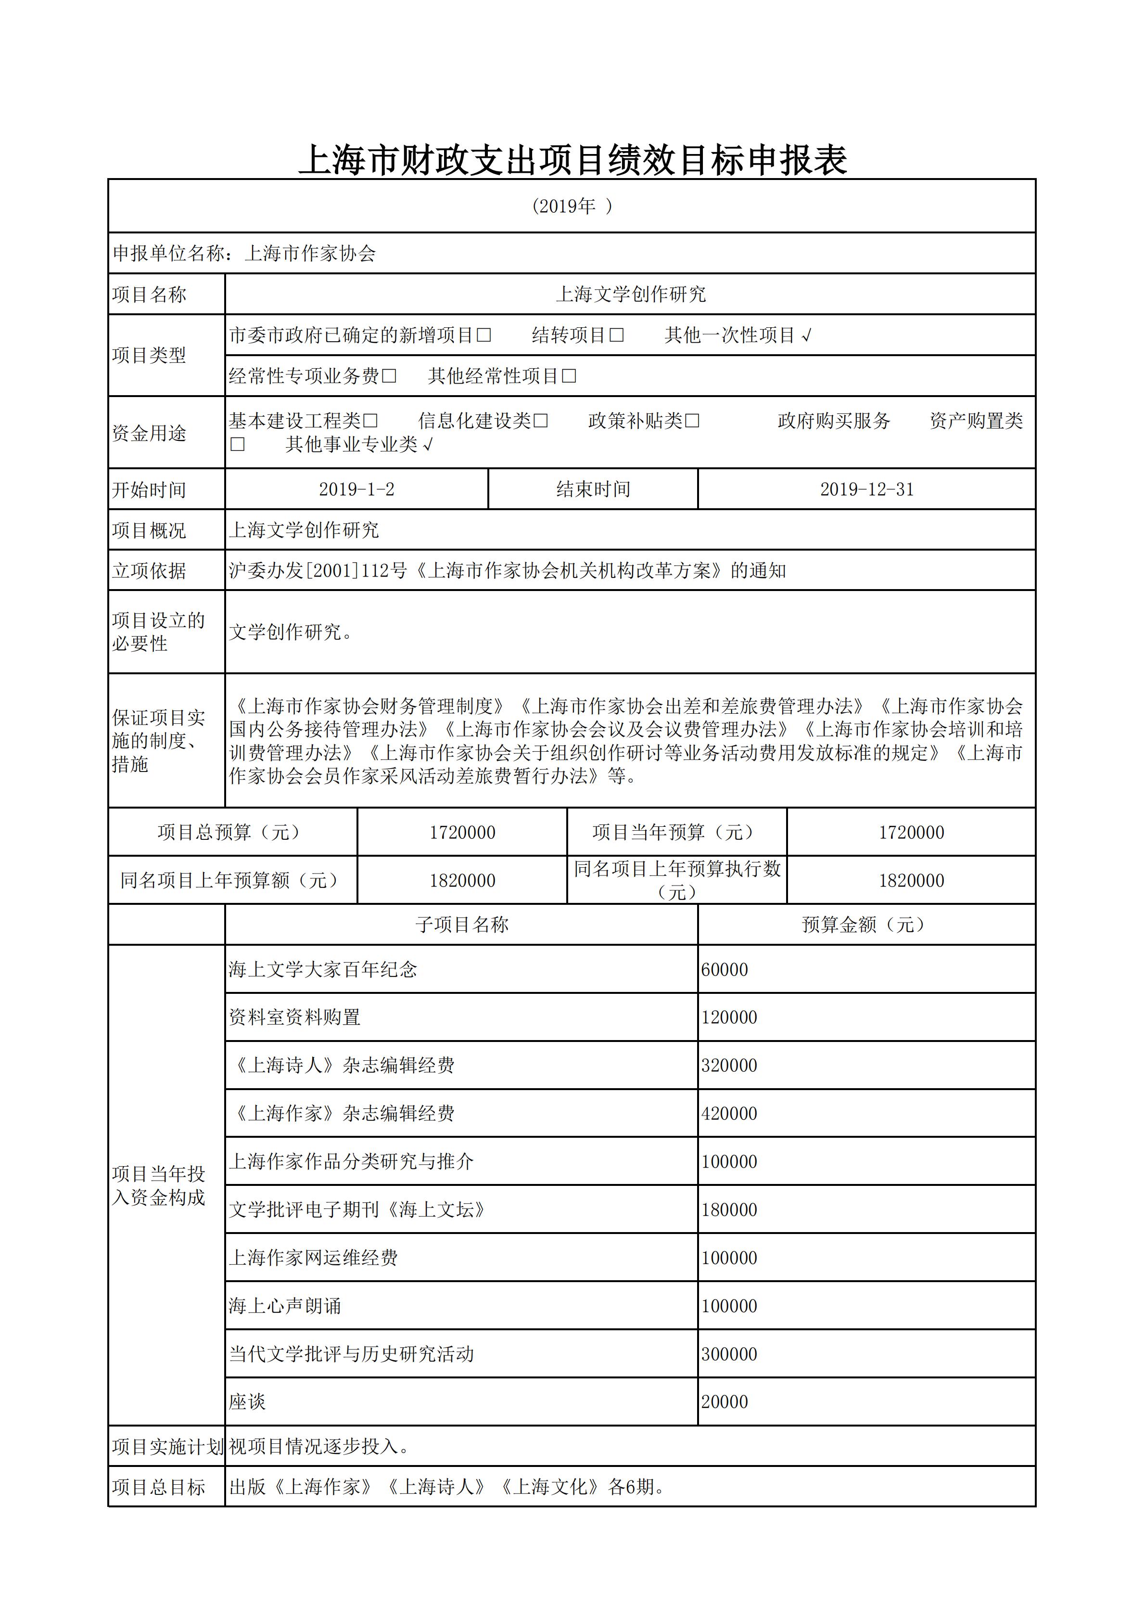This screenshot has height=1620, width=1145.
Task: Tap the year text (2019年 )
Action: pos(572,206)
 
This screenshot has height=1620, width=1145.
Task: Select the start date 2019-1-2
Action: pos(356,489)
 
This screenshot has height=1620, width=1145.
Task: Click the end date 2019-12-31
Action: pos(866,489)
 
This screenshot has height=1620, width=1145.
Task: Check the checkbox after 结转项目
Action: pos(617,335)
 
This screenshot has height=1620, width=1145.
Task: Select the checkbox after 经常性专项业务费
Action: pos(389,376)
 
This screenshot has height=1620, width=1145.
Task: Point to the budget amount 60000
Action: pos(725,969)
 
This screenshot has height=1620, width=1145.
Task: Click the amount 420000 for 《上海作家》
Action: pos(729,1113)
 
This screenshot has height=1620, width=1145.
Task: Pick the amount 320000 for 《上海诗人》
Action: pos(729,1066)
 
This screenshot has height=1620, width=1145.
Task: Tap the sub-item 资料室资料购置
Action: pos(295,1017)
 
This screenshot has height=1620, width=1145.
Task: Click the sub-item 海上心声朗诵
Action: pos(285,1306)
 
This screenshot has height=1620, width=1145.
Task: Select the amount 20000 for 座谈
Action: pos(725,1402)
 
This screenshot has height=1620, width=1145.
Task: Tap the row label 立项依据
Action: pos(149,571)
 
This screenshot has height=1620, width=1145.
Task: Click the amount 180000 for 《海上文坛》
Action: pos(729,1210)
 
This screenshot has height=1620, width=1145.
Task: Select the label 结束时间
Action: pos(593,489)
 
